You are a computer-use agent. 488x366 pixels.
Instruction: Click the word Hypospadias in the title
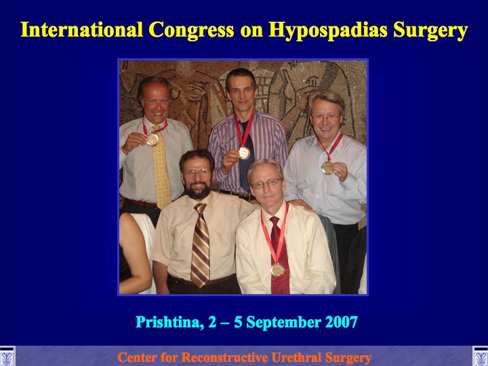click(x=328, y=30)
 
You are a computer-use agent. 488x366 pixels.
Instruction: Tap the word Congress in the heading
click(x=191, y=30)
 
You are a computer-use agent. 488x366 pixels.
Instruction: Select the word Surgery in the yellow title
click(x=430, y=30)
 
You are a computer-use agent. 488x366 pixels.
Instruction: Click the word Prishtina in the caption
click(x=169, y=323)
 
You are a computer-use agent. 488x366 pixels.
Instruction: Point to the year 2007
click(x=341, y=322)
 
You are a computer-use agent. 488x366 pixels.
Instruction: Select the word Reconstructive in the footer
click(x=224, y=357)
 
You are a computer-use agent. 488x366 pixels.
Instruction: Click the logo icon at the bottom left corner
click(x=7, y=356)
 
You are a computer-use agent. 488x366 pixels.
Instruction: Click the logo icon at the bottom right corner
click(x=481, y=356)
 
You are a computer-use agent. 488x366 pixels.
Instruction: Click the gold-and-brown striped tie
click(x=200, y=245)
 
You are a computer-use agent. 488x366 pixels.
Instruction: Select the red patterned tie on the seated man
click(x=280, y=256)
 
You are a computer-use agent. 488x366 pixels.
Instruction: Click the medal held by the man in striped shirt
click(x=244, y=152)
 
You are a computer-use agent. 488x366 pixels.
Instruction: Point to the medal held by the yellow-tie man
click(x=152, y=140)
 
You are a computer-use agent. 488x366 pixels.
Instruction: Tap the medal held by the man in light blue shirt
click(x=327, y=168)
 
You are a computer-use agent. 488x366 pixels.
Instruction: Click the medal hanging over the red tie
click(x=277, y=270)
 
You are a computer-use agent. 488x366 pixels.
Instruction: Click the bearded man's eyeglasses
click(x=197, y=171)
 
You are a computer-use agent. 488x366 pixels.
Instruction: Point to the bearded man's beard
click(x=198, y=189)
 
